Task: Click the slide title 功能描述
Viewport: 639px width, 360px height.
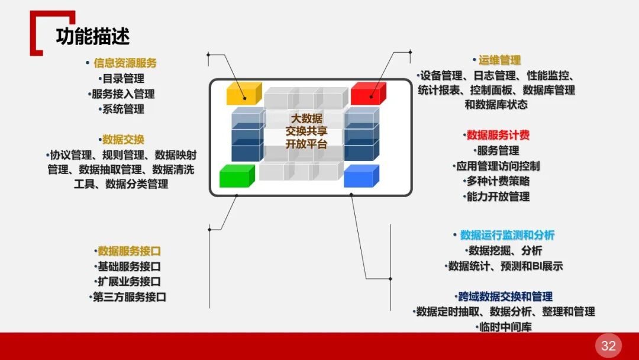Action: (x=93, y=36)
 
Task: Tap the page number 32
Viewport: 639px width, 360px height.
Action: (x=608, y=346)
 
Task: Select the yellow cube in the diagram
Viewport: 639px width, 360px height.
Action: (x=243, y=94)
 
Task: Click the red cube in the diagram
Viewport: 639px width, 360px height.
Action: (x=367, y=94)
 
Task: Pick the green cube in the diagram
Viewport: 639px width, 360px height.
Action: (x=236, y=176)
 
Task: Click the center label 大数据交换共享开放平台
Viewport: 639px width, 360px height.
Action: (x=306, y=131)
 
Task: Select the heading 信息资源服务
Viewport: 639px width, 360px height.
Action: (x=125, y=63)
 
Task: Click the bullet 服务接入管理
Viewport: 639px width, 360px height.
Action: (x=123, y=94)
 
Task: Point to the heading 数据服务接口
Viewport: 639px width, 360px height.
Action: (x=129, y=251)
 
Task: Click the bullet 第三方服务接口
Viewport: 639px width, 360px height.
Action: (x=129, y=297)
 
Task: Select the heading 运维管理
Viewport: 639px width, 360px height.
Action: (x=499, y=60)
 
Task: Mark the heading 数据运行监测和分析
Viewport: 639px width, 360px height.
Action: (x=507, y=235)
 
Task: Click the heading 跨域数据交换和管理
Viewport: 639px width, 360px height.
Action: (x=505, y=296)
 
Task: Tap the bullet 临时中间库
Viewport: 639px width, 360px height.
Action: (x=505, y=327)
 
